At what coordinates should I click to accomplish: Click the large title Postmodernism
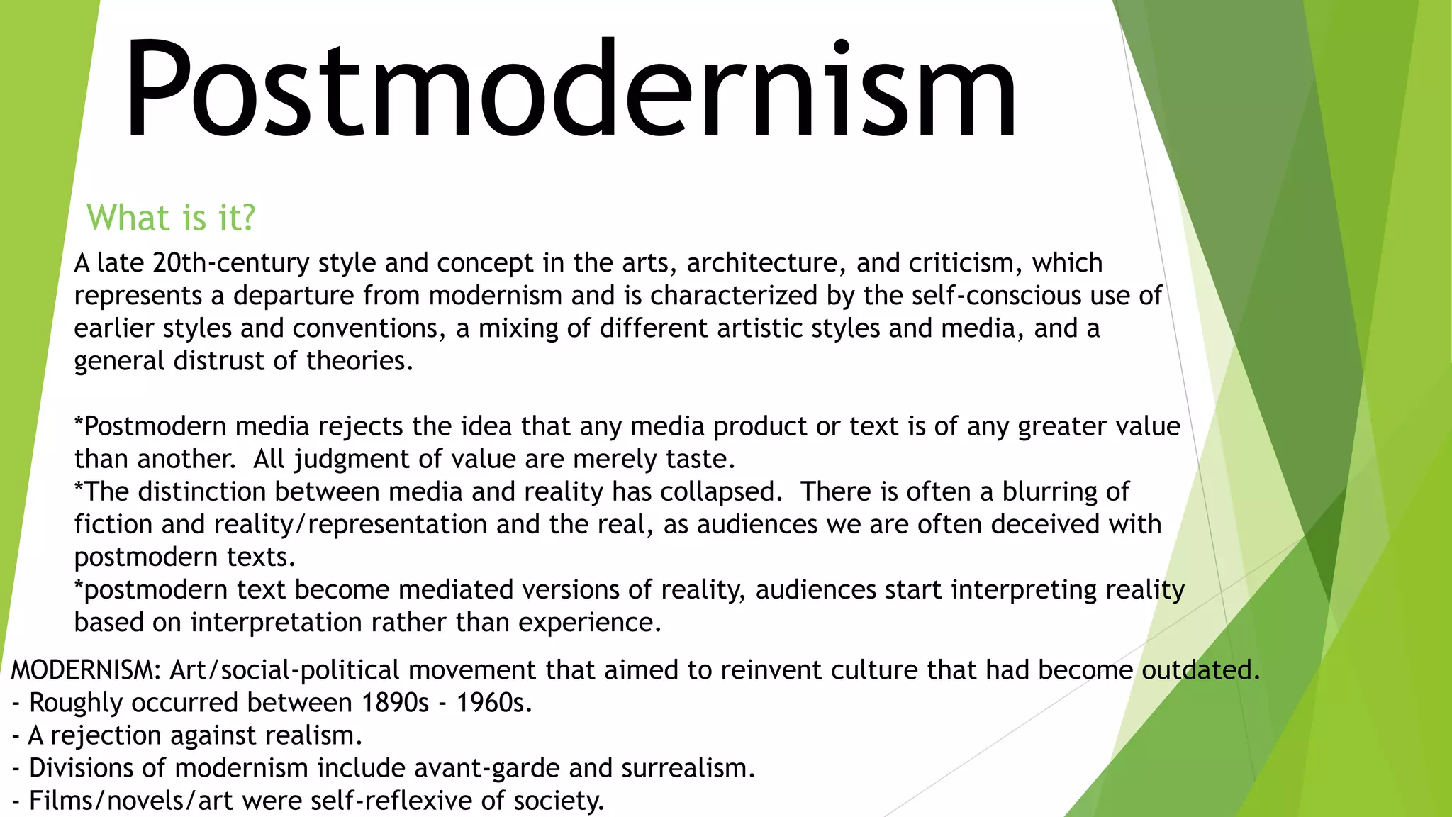(571, 89)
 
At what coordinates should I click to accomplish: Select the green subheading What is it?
(170, 218)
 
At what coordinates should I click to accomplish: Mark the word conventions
(369, 328)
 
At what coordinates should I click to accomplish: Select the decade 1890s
(395, 703)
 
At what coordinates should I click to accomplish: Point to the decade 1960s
(493, 703)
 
